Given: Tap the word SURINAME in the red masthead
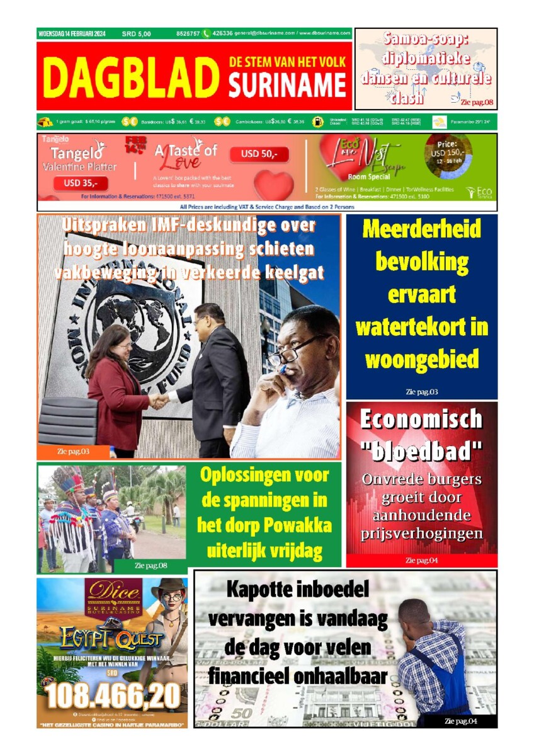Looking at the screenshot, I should pyautogui.click(x=287, y=85).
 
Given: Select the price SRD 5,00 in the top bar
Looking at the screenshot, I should pyautogui.click(x=136, y=33).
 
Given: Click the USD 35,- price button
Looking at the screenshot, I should pyautogui.click(x=81, y=184).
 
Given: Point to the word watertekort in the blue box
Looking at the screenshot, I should pyautogui.click(x=421, y=327).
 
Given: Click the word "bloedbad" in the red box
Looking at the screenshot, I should pyautogui.click(x=421, y=451).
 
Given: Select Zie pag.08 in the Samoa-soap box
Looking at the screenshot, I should pyautogui.click(x=477, y=101).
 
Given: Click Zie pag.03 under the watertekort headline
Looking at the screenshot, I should pyautogui.click(x=421, y=392).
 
